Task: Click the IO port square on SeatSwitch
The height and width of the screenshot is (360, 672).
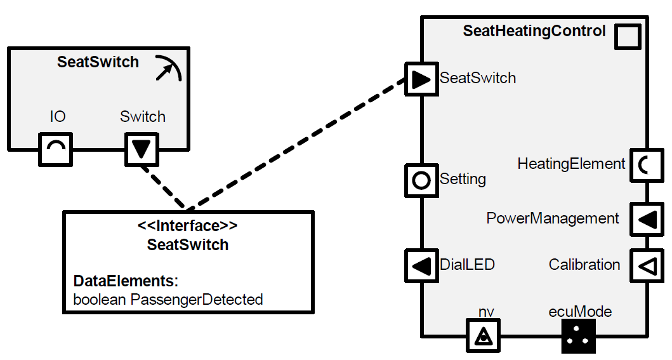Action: pos(56,149)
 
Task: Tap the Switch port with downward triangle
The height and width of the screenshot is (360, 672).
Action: pos(142,149)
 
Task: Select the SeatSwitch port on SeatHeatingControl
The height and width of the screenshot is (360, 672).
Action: pos(421,79)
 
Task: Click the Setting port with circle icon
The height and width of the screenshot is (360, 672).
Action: pos(421,180)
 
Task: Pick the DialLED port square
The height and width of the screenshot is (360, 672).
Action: pos(421,265)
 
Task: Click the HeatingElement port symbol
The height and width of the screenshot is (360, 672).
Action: pos(645,165)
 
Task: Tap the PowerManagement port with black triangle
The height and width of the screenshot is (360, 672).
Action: pos(645,219)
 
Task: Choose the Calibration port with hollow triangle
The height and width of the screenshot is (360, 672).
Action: pos(645,265)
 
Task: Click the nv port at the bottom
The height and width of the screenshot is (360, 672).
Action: pos(484,335)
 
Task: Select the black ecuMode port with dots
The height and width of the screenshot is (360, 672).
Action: pos(578,335)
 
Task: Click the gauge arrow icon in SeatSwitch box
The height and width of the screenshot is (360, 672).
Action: pos(168,69)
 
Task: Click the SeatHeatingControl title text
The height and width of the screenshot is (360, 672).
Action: pos(534,31)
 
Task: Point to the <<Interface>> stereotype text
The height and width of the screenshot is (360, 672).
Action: pos(188,226)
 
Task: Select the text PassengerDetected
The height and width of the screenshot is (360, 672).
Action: pos(197,299)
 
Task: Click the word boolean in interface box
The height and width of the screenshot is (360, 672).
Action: pos(100,299)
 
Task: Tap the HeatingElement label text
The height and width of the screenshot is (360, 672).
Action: pos(571,164)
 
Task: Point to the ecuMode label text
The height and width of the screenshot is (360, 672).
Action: pos(580,312)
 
